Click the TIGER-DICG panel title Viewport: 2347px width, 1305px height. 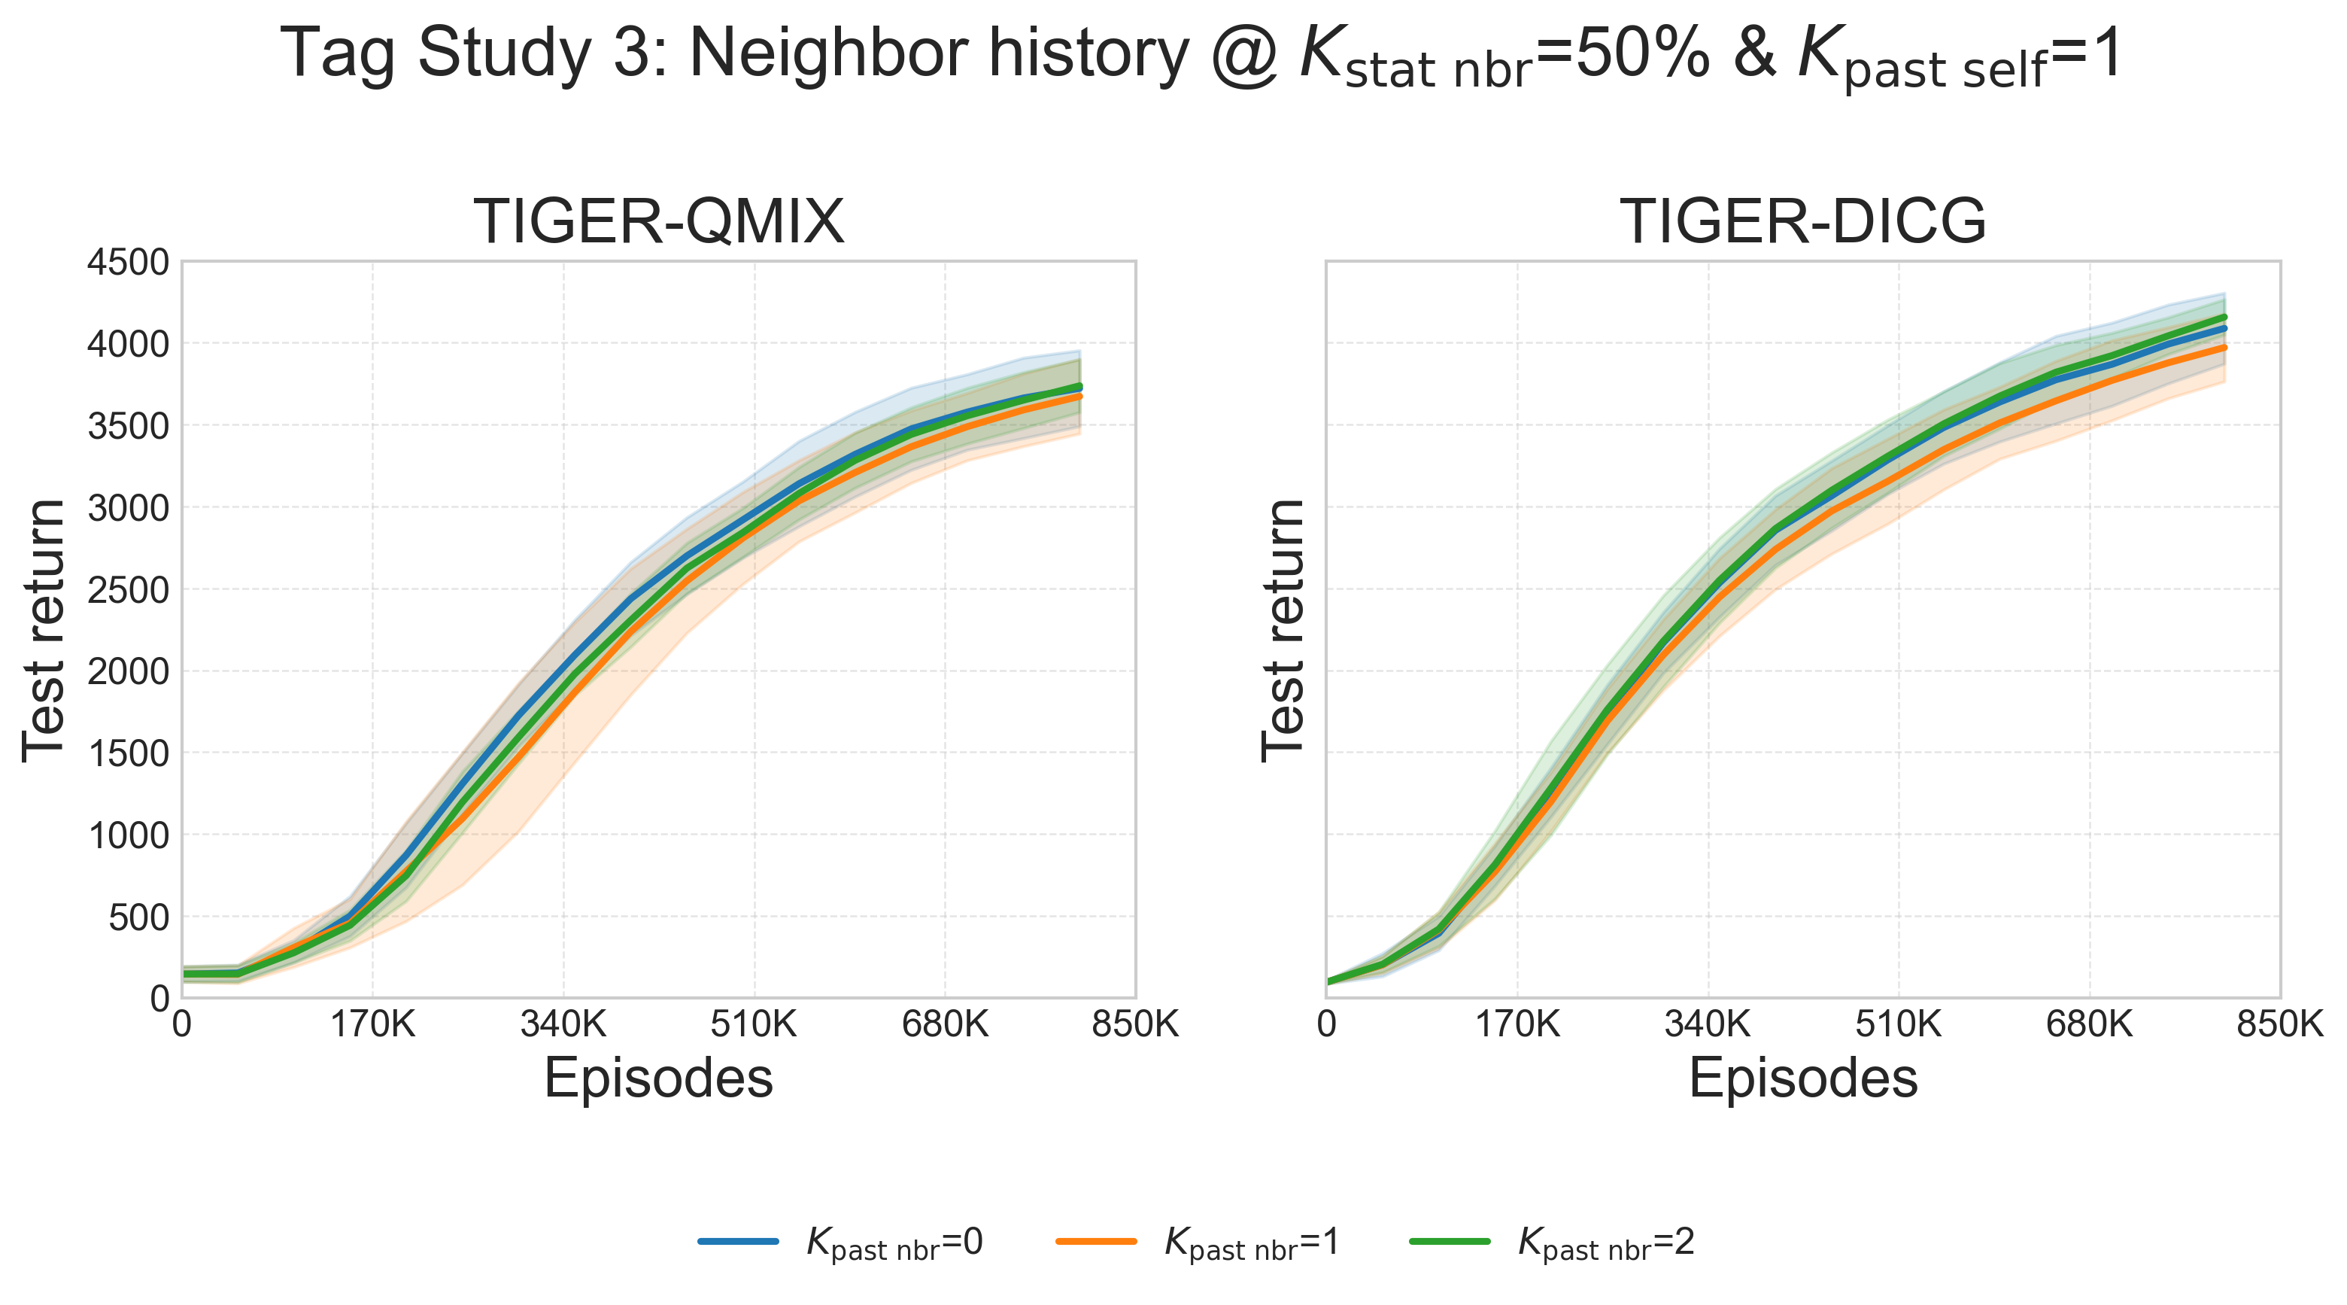1802,221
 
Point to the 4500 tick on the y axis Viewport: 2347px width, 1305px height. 128,263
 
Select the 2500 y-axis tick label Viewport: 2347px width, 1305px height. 128,589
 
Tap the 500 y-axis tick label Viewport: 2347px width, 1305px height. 138,917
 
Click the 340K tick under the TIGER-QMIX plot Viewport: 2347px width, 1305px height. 563,1025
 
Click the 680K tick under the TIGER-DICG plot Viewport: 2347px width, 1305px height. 2089,1025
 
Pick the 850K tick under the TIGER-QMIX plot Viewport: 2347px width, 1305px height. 1135,1025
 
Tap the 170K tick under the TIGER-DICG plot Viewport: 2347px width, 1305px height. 1517,1025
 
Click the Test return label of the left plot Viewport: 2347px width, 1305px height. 44,630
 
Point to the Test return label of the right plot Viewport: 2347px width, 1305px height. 1282,630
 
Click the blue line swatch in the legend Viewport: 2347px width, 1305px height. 738,1241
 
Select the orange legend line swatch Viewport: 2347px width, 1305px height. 1096,1241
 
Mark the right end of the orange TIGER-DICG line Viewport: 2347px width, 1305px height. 2224,347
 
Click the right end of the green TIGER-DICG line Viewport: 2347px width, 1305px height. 2224,317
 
